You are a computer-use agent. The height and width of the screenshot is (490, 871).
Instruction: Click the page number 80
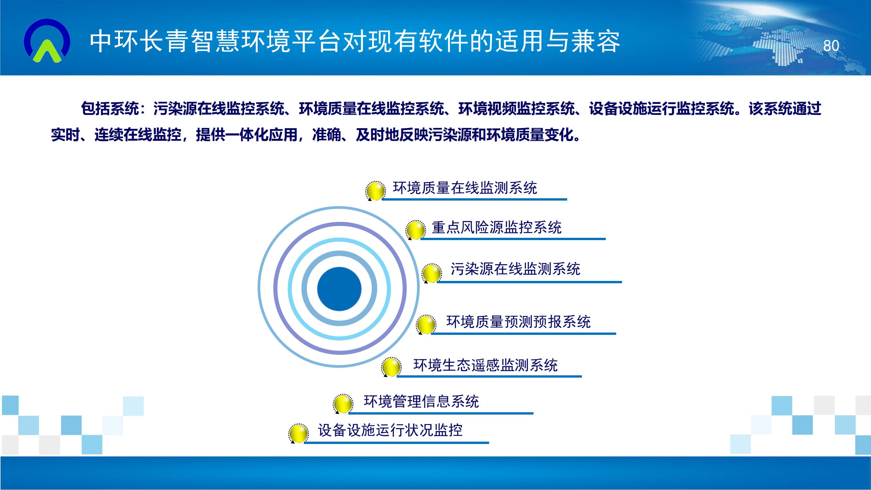pos(831,46)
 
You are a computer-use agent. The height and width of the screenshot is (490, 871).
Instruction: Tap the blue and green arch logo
pos(47,41)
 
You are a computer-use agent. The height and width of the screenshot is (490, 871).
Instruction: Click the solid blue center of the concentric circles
pos(339,288)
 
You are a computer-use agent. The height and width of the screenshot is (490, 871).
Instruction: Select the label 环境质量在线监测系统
pos(465,188)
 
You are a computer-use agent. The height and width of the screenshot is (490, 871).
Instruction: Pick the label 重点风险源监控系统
pos(496,227)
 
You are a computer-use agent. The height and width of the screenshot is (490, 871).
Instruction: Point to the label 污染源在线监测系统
pos(515,269)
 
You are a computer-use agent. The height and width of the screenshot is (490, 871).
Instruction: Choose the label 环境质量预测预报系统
pos(518,321)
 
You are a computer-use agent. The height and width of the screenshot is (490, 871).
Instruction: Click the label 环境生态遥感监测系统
pos(485,365)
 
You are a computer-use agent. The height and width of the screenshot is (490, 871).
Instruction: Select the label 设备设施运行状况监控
pos(390,430)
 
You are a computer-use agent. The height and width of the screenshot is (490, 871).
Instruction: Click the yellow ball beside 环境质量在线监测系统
pos(376,191)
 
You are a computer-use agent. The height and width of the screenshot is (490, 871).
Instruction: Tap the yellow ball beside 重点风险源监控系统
pos(416,230)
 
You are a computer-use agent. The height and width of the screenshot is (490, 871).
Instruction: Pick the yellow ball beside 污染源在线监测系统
pos(432,273)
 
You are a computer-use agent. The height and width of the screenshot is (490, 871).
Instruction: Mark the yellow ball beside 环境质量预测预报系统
pos(426,325)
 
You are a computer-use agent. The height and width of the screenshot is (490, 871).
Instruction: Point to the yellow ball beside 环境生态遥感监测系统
pos(391,367)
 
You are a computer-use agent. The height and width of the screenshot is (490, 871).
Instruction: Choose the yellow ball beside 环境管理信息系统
pos(343,404)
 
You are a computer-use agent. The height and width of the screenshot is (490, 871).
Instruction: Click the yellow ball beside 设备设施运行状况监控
pos(298,433)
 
